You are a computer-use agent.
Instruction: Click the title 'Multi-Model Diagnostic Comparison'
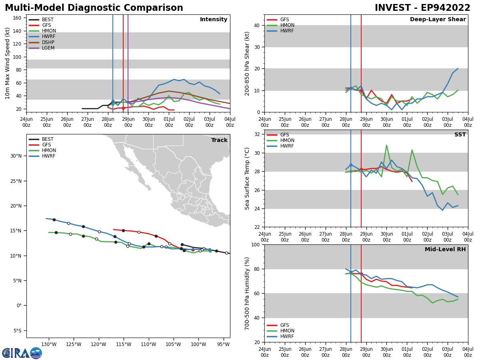tap(94, 8)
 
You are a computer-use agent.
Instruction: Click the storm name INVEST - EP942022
tap(422, 8)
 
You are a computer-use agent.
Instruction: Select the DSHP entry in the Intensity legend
tap(48, 42)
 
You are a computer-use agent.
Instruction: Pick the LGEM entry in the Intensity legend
tap(48, 48)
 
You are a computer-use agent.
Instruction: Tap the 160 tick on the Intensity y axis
tap(17, 18)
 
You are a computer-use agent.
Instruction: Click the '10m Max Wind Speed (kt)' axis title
tap(8, 63)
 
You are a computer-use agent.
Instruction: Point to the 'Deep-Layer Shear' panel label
tap(438, 20)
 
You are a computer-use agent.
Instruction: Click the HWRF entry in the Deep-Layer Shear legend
tap(286, 31)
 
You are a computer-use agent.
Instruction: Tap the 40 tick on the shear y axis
tap(256, 25)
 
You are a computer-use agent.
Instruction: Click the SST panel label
tap(460, 135)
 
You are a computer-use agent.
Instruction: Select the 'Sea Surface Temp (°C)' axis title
tap(248, 178)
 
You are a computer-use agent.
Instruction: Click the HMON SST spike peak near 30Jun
tap(386, 145)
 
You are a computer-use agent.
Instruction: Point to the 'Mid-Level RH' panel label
tap(445, 250)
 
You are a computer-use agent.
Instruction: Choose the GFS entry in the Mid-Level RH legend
tap(284, 325)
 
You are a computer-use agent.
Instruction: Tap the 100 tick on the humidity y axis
tap(255, 244)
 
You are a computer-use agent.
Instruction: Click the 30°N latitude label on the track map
tap(16, 156)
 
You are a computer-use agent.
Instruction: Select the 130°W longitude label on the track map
tap(48, 344)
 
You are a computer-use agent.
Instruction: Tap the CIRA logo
tap(22, 353)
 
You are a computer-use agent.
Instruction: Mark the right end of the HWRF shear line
tap(458, 68)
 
